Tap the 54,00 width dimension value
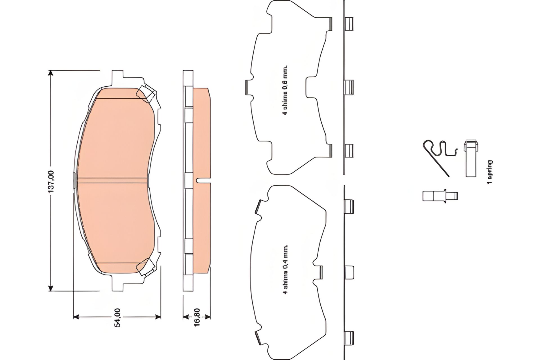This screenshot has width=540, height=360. pos(117,317)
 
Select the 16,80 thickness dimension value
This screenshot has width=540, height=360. pos(197,317)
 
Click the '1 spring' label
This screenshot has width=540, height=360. pos(490,172)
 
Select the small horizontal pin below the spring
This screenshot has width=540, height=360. pos(440,195)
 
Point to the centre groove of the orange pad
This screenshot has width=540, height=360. pos(112,180)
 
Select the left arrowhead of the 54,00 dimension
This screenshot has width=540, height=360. pos(76,317)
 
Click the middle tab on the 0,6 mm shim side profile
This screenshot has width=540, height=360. pos(349,87)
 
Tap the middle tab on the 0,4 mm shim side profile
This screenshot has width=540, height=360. pos(349,272)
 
